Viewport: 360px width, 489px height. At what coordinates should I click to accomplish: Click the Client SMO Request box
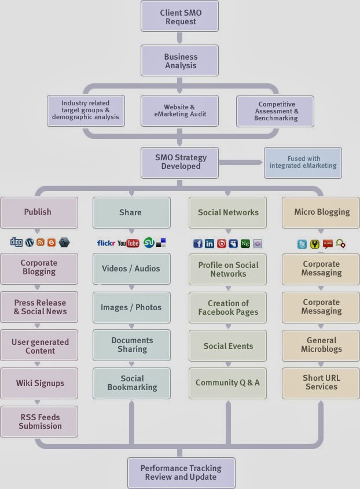click(180, 17)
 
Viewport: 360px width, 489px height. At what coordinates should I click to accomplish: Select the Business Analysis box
click(180, 61)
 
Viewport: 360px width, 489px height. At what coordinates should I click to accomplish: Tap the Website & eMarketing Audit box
click(179, 111)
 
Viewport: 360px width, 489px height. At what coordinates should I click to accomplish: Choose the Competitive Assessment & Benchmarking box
click(275, 111)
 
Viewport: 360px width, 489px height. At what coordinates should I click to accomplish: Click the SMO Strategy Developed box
click(180, 161)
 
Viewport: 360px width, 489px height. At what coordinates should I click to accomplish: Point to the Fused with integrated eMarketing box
click(303, 162)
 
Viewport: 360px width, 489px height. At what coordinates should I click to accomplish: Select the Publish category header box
click(38, 212)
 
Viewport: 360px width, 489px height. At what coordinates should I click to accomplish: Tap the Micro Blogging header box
click(321, 212)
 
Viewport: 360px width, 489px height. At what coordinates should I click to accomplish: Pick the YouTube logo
click(128, 243)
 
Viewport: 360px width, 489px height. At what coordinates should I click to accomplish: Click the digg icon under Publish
click(17, 243)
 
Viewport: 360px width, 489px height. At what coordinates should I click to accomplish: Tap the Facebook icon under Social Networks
click(198, 244)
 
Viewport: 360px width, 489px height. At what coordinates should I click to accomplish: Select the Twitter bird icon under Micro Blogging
click(302, 244)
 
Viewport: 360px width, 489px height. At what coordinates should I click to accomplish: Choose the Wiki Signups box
click(39, 383)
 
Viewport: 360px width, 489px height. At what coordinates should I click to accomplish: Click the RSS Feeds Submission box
click(39, 421)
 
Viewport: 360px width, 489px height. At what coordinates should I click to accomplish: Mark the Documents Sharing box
click(132, 345)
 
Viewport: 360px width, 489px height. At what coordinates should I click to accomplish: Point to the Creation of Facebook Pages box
click(227, 307)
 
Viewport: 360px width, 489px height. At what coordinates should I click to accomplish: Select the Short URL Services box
click(321, 383)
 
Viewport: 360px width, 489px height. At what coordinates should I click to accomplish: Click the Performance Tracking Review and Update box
click(181, 472)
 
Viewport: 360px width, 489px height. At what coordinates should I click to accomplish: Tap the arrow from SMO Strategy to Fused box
click(241, 162)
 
